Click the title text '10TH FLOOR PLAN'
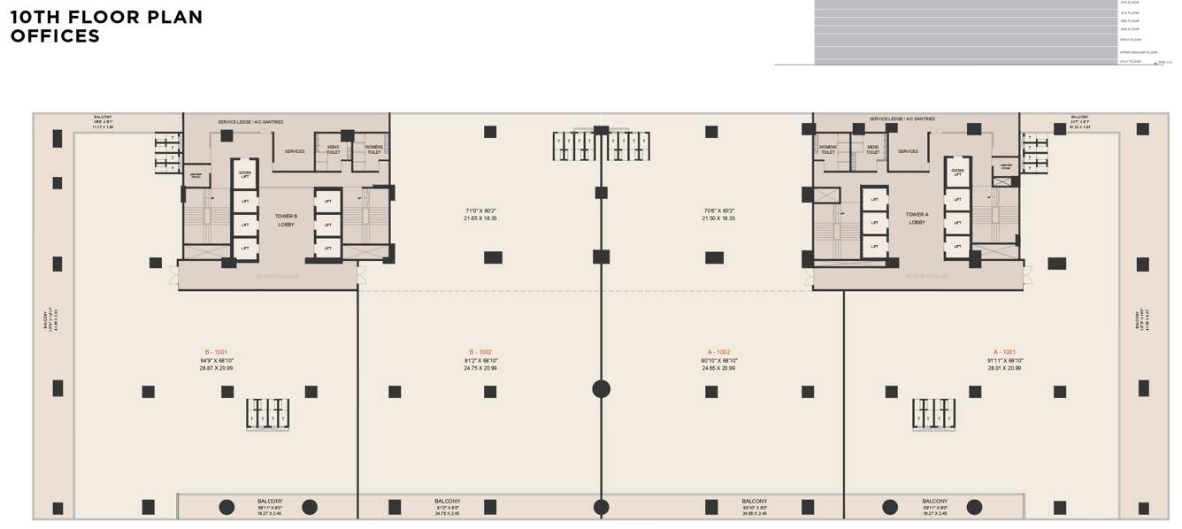106,17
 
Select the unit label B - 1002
480,352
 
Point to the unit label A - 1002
718,352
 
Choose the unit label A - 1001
1004,352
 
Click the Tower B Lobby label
286,220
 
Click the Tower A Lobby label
917,218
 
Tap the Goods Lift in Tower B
245,174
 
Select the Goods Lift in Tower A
957,172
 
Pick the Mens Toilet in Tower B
333,149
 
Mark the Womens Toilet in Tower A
828,149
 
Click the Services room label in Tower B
295,151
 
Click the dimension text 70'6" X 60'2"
718,211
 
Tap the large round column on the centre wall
601,388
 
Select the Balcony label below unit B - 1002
447,502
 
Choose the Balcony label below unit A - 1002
755,502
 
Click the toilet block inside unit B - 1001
267,414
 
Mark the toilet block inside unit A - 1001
933,414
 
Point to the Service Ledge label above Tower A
902,119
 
